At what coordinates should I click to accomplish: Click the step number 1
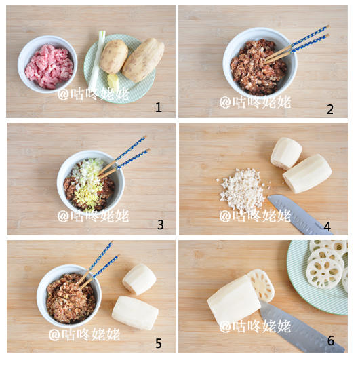(159, 107)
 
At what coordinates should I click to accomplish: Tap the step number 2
(329, 109)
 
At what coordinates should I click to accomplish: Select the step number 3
(161, 224)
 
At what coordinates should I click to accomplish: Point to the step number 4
(327, 227)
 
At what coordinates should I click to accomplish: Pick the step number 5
(159, 343)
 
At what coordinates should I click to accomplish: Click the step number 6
(331, 340)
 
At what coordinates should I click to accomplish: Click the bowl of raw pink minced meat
(47, 64)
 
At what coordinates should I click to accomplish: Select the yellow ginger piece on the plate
(113, 81)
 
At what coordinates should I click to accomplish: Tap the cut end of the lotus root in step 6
(261, 285)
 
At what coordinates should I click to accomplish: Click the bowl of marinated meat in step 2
(260, 64)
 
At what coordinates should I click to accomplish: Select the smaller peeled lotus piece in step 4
(286, 153)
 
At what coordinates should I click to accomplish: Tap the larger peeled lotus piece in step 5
(135, 313)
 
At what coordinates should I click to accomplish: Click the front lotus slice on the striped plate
(324, 273)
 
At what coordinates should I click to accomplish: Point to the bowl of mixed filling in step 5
(69, 296)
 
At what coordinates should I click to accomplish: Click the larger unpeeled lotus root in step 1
(143, 60)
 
